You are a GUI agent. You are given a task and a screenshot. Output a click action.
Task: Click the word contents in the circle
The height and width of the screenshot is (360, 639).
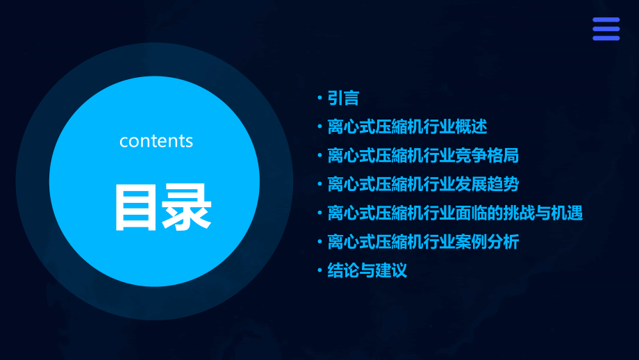[156, 141]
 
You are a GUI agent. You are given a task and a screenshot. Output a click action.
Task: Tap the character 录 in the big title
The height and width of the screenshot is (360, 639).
[186, 207]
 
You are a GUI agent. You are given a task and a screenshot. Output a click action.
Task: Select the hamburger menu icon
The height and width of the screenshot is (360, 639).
[606, 29]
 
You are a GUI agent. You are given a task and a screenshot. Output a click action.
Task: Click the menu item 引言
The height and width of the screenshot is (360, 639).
[343, 98]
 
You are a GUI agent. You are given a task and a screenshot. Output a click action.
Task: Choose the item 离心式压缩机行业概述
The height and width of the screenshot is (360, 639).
[407, 127]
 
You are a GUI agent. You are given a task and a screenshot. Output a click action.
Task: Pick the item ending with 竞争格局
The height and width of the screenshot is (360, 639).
[423, 156]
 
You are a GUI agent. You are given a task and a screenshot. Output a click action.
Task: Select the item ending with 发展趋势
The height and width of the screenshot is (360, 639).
[423, 184]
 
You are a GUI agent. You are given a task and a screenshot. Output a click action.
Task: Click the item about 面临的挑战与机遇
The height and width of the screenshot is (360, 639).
[455, 213]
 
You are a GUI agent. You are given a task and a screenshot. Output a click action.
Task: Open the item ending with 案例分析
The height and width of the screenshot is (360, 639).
[423, 242]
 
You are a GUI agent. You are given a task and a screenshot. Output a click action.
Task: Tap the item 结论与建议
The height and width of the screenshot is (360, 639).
[367, 270]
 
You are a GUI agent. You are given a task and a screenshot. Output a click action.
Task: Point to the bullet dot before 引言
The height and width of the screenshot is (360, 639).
[319, 98]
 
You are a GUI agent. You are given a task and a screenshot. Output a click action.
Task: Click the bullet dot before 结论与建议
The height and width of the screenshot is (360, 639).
[319, 270]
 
